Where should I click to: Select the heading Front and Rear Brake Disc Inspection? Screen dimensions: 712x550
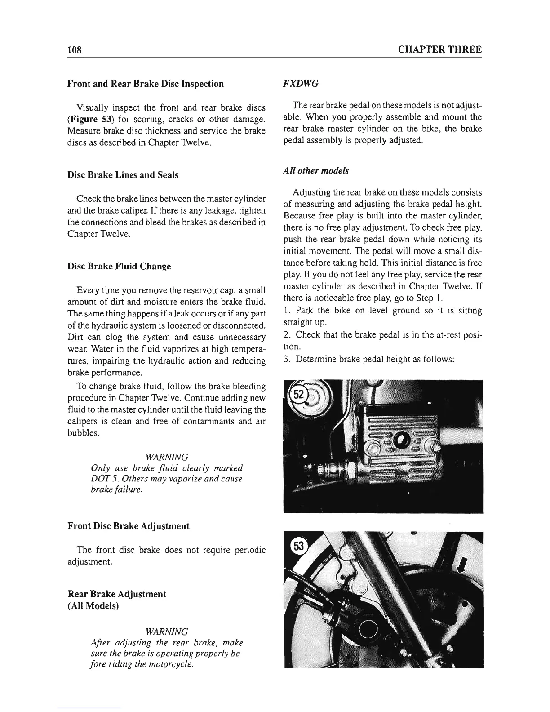(x=145, y=84)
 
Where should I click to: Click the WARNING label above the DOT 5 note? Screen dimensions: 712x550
(x=167, y=457)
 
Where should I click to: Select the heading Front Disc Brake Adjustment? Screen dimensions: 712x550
(x=128, y=525)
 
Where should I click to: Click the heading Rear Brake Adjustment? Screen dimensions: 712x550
(x=116, y=594)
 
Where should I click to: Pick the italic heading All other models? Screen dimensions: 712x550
(x=316, y=171)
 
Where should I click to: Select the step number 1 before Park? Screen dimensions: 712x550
(x=286, y=310)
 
